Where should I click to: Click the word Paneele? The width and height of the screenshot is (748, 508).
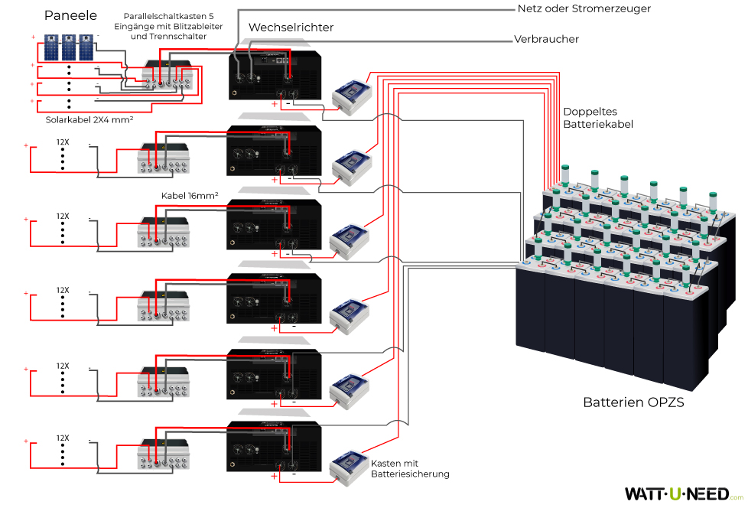pos(70,15)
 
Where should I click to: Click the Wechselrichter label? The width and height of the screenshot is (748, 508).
pos(291,28)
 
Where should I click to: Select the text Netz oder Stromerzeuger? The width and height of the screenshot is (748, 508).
pos(584,9)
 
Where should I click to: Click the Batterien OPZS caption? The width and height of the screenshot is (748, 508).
pos(633,402)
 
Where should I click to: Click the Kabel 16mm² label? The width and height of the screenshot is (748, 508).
pos(190,195)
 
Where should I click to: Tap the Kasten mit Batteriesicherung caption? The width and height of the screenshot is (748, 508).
pos(409,469)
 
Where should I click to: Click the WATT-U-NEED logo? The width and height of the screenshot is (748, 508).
pos(678,494)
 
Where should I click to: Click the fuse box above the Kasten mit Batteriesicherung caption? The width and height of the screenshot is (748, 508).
pos(350,466)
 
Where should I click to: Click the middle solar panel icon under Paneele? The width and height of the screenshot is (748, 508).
pos(70,47)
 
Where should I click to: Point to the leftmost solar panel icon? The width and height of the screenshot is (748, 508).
pos(51,47)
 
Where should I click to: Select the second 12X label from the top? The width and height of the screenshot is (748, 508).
pos(63,217)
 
